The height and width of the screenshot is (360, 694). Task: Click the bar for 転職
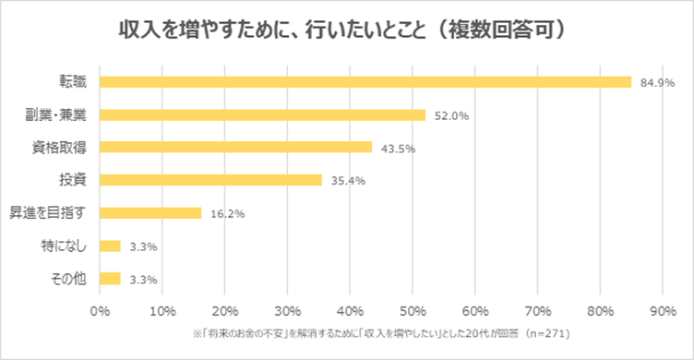(365, 82)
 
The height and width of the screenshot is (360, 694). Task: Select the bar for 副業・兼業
(262, 115)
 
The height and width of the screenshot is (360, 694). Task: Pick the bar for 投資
(210, 180)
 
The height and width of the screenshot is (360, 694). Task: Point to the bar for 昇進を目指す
(150, 213)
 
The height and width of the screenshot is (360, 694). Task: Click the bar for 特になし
(110, 246)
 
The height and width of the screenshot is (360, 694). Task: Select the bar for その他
(110, 278)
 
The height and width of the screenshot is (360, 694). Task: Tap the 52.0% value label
(449, 116)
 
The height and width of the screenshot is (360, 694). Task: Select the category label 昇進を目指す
(48, 213)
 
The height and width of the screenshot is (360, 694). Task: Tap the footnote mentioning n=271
(379, 332)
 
